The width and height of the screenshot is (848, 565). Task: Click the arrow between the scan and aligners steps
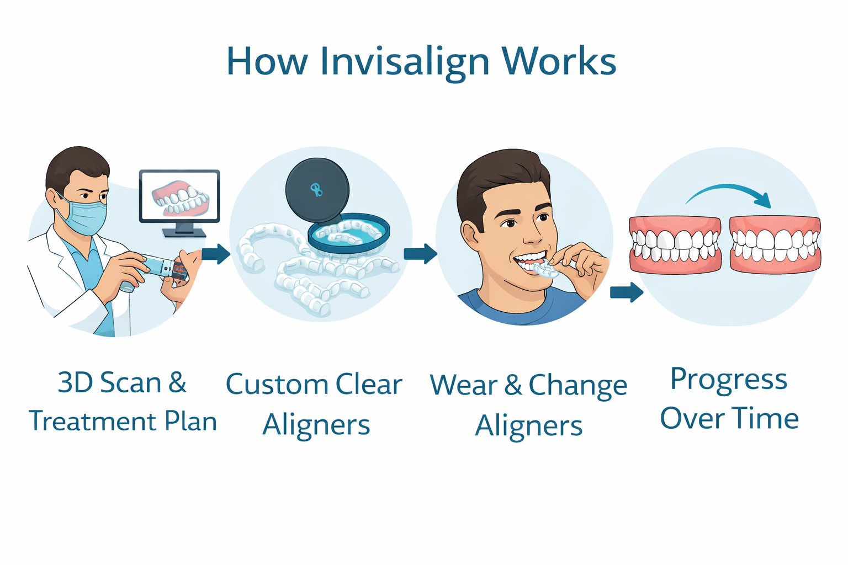click(216, 254)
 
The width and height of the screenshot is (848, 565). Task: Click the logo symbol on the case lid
click(316, 190)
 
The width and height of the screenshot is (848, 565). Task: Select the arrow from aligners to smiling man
click(421, 254)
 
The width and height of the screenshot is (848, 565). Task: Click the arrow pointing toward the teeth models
click(627, 292)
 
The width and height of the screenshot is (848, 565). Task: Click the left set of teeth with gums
click(675, 244)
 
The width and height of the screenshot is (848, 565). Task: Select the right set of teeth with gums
click(775, 244)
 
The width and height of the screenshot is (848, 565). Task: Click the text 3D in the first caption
click(75, 382)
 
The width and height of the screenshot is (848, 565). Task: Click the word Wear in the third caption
click(464, 385)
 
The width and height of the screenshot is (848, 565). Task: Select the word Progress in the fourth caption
click(729, 380)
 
